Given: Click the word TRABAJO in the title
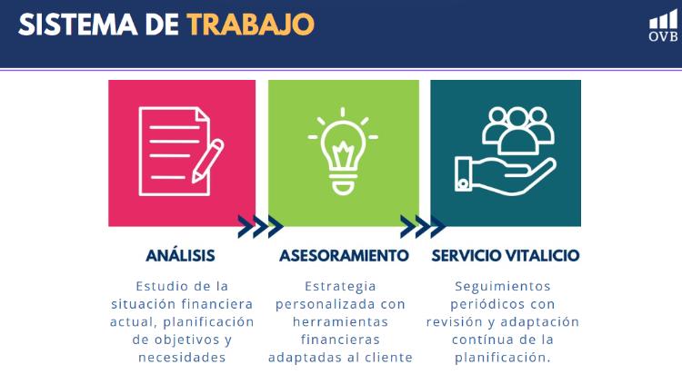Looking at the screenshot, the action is tap(251, 25).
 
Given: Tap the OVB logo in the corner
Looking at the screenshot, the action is tap(663, 26).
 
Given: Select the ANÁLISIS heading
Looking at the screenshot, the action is tap(181, 255).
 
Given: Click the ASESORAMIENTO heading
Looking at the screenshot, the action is tap(344, 255).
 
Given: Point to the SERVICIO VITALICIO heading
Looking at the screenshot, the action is tap(506, 255).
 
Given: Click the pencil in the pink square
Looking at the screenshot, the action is tap(207, 161).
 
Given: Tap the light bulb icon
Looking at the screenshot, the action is tap(343, 151).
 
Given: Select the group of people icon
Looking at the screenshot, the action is tap(517, 131).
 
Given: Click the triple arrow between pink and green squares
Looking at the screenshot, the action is tap(260, 226).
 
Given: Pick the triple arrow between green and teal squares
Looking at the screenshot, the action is tap(422, 226).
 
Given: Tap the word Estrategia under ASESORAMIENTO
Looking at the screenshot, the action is tap(340, 287).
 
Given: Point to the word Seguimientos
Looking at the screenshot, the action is tap(503, 287).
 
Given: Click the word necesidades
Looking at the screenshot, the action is tap(182, 358).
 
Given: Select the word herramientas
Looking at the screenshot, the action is tap(340, 322).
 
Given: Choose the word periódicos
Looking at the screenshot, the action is tap(481, 304).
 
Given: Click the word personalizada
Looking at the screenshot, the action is tap(324, 304).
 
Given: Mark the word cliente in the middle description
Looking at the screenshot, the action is tap(388, 358).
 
